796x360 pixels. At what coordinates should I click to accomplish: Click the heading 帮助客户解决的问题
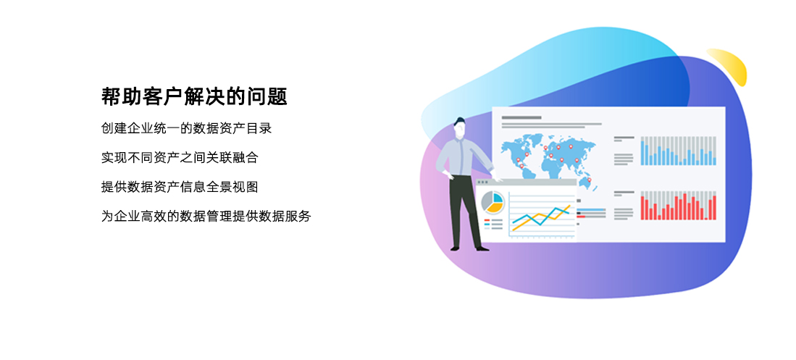click(194, 96)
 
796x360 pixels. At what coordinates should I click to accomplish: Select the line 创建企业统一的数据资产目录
click(187, 128)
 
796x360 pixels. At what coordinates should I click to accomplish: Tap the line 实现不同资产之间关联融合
click(180, 157)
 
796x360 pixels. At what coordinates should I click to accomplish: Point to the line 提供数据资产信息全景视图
click(180, 187)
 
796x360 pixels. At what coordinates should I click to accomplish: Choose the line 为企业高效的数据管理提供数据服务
click(206, 217)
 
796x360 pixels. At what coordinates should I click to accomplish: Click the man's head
click(459, 127)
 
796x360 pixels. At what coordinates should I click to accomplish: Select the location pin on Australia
click(590, 180)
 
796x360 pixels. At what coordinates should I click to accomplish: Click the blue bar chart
click(678, 151)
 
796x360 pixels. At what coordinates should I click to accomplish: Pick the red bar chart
click(678, 206)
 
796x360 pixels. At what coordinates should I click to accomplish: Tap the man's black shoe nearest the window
click(482, 248)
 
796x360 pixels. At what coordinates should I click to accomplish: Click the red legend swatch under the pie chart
click(487, 220)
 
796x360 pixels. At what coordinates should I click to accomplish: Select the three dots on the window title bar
click(482, 182)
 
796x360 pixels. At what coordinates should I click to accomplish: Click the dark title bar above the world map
click(521, 118)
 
